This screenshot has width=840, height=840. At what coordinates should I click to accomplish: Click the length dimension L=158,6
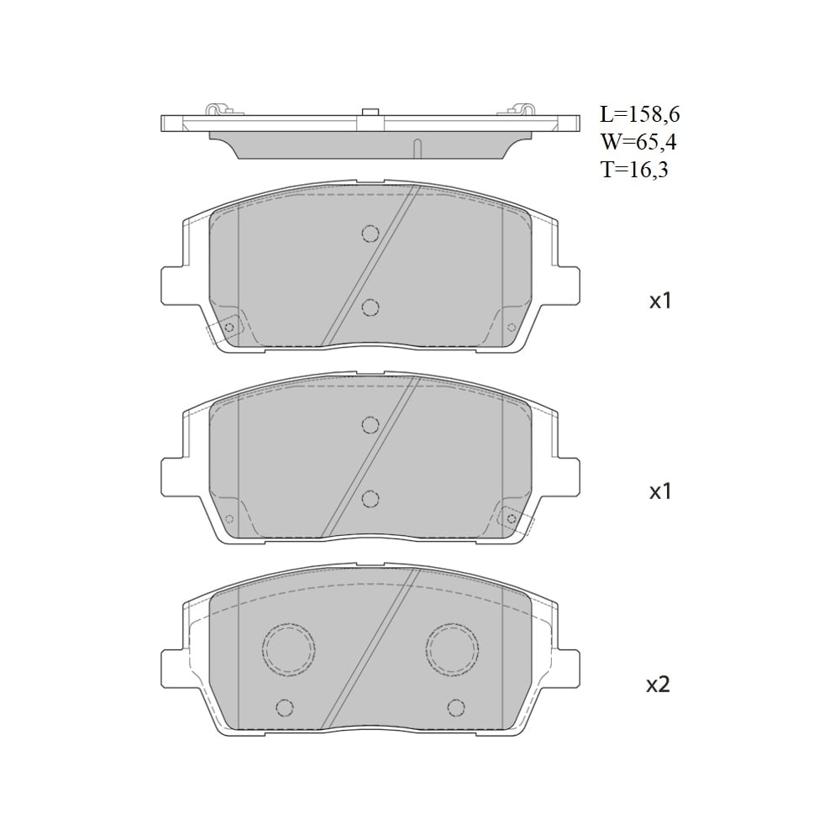click(x=639, y=114)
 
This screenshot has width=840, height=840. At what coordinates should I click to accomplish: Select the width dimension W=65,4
click(x=638, y=142)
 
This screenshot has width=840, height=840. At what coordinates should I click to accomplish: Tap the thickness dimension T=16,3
click(x=635, y=170)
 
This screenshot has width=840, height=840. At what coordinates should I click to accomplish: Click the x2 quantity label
click(x=659, y=685)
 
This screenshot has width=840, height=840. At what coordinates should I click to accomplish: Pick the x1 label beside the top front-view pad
click(x=660, y=301)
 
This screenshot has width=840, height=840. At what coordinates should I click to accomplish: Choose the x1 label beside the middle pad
click(x=660, y=491)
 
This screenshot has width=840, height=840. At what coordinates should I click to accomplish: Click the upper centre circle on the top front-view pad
click(x=370, y=234)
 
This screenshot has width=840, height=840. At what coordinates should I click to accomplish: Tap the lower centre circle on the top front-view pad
click(x=370, y=307)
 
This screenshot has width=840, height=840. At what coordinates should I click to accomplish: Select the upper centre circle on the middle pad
click(x=370, y=425)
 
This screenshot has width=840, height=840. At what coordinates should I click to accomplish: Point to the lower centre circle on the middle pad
click(x=370, y=499)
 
